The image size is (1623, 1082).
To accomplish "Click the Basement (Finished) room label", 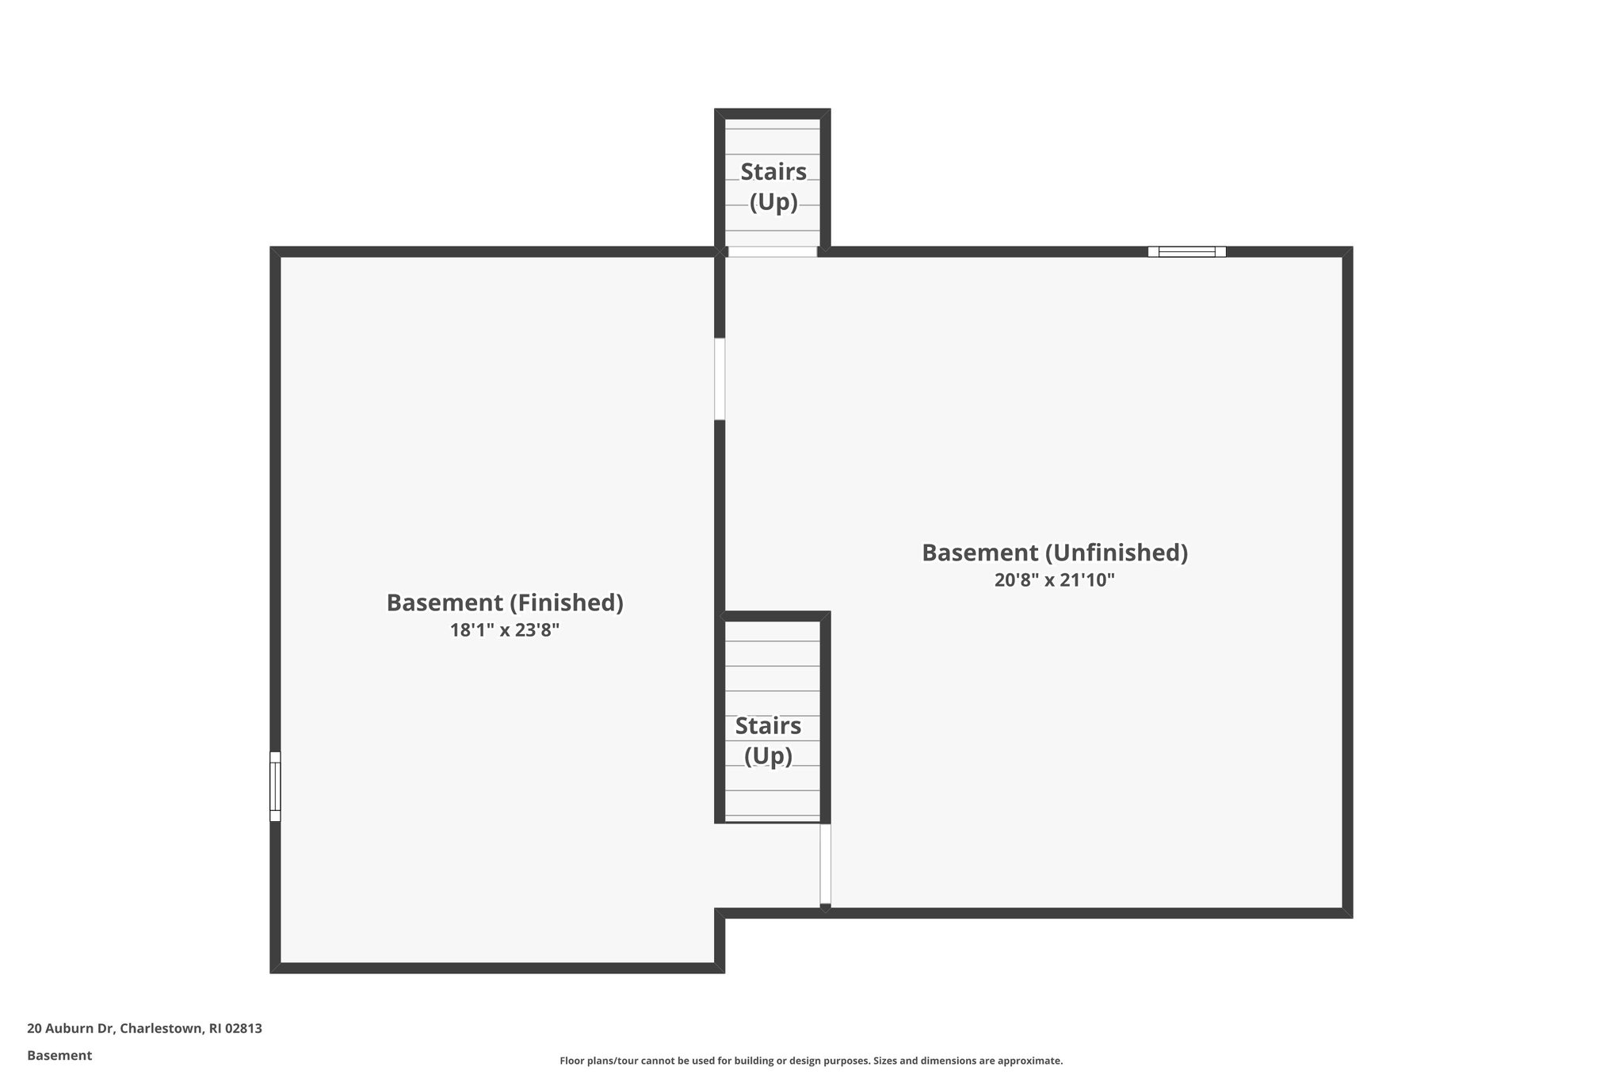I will point(505,603).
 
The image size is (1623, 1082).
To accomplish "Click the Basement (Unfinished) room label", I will point(1054,553).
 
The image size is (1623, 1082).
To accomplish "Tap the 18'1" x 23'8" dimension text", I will point(505,631).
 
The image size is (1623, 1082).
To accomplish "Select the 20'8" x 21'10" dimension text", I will point(1054,580).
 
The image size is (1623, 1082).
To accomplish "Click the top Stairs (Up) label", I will point(773,186).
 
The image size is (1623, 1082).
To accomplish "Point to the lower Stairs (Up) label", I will point(768,740).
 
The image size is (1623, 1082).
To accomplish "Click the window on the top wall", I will point(1186,252).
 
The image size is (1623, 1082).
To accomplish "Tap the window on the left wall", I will point(275,786).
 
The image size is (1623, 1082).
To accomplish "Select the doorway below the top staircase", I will point(773,252).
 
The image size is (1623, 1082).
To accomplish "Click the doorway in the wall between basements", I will point(720,379).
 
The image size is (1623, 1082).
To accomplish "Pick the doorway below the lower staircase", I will point(825,864).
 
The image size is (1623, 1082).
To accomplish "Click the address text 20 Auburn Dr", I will point(71,1028).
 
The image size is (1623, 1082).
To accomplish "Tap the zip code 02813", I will point(243,1028).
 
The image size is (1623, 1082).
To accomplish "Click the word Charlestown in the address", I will point(162,1028).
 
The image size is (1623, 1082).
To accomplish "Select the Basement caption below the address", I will point(59,1055).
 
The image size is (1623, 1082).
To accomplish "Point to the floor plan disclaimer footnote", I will point(811,1061).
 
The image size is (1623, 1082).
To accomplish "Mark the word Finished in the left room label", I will point(565,603).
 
